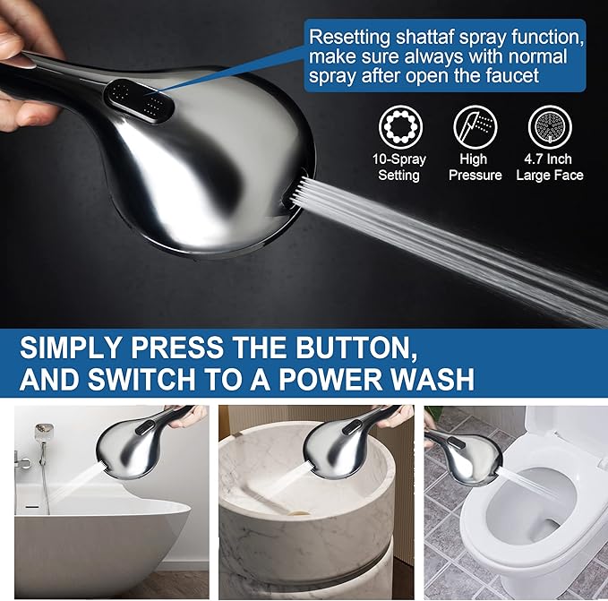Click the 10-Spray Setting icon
398,127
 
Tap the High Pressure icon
475,127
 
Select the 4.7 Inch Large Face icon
548,127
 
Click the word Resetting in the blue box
347,38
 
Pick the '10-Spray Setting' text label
398,167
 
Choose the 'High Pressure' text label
475,167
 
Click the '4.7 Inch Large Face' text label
548,167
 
